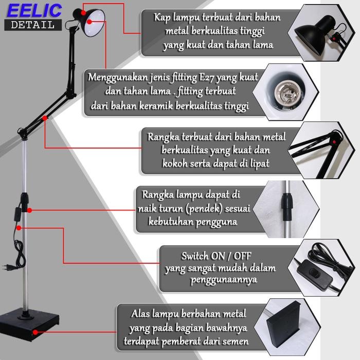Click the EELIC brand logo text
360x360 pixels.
click(x=34, y=10)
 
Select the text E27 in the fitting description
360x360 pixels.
click(x=208, y=78)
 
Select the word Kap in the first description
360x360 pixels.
click(x=163, y=17)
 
